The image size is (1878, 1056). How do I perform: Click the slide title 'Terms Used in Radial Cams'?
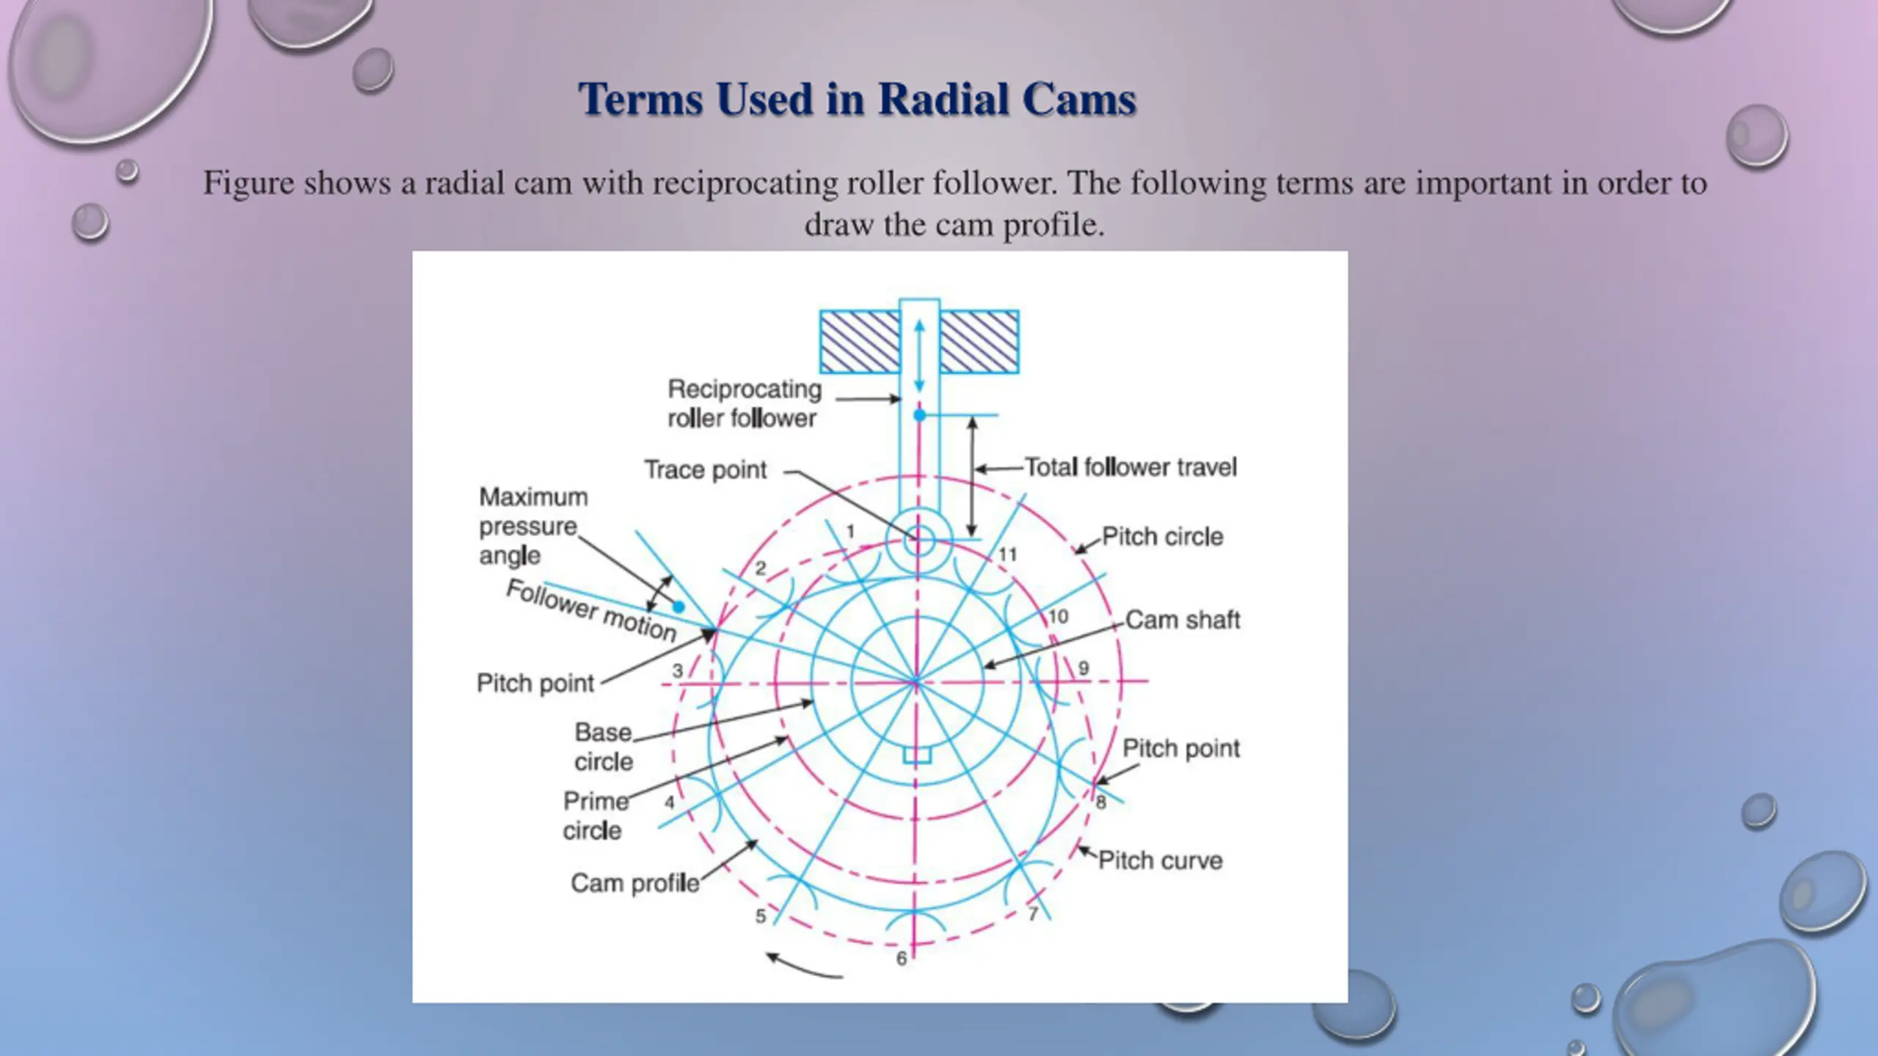point(857,99)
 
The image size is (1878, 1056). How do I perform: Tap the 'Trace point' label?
point(705,469)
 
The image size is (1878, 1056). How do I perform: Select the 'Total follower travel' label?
point(1130,467)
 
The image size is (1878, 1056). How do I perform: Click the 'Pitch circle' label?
point(1162,537)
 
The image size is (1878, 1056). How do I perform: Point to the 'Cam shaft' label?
point(1182,620)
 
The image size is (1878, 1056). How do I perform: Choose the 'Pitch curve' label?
point(1160,860)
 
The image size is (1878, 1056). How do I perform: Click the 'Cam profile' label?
point(635,883)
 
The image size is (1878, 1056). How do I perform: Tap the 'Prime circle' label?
point(594,815)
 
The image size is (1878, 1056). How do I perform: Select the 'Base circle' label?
point(603,747)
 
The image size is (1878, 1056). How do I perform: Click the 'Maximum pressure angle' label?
point(533,526)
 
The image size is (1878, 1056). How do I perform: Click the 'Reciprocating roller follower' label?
point(743,403)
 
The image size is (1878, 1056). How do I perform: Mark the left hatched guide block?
point(859,342)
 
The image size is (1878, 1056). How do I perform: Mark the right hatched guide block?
point(979,342)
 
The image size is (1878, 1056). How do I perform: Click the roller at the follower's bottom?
point(918,541)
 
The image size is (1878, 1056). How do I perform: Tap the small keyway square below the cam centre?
point(917,755)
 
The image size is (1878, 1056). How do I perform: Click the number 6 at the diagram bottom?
point(902,958)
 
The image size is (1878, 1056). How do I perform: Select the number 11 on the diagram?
point(1007,554)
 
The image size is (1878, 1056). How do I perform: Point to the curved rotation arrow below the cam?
point(803,967)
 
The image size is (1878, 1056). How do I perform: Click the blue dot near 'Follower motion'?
point(679,606)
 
